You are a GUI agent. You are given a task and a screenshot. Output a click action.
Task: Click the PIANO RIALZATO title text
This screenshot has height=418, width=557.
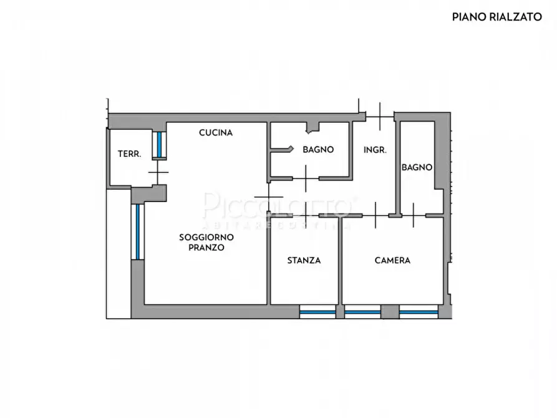tap(496, 17)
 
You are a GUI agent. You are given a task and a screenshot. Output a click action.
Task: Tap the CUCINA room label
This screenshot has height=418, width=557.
tap(216, 132)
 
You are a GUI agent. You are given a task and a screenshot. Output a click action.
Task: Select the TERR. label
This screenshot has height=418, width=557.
tap(130, 154)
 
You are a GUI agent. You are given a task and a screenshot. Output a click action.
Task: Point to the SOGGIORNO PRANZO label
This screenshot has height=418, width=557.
tap(206, 242)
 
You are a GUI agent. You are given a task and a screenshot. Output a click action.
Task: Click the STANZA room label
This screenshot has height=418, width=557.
tap(304, 260)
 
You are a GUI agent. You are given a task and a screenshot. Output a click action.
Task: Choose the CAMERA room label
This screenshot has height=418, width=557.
tap(392, 260)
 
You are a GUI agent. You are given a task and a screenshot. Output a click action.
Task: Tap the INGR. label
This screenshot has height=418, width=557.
tap(375, 150)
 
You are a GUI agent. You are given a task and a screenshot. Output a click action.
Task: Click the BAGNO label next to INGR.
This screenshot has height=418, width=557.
tap(318, 150)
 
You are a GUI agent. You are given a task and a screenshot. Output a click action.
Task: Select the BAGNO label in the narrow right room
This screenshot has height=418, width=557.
tap(417, 167)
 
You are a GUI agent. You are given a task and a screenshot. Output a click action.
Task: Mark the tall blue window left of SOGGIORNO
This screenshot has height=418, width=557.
tap(137, 231)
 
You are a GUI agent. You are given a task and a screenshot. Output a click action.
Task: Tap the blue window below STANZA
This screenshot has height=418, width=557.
tap(317, 312)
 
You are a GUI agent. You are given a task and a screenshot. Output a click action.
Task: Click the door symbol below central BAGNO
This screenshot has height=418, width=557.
tap(305, 178)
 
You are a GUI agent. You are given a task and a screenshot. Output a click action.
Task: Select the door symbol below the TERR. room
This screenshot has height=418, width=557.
tap(158, 172)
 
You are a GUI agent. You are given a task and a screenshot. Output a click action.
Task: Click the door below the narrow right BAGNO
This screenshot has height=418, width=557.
tap(413, 216)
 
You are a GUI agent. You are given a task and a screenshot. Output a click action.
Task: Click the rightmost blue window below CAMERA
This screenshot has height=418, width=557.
tap(418, 312)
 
